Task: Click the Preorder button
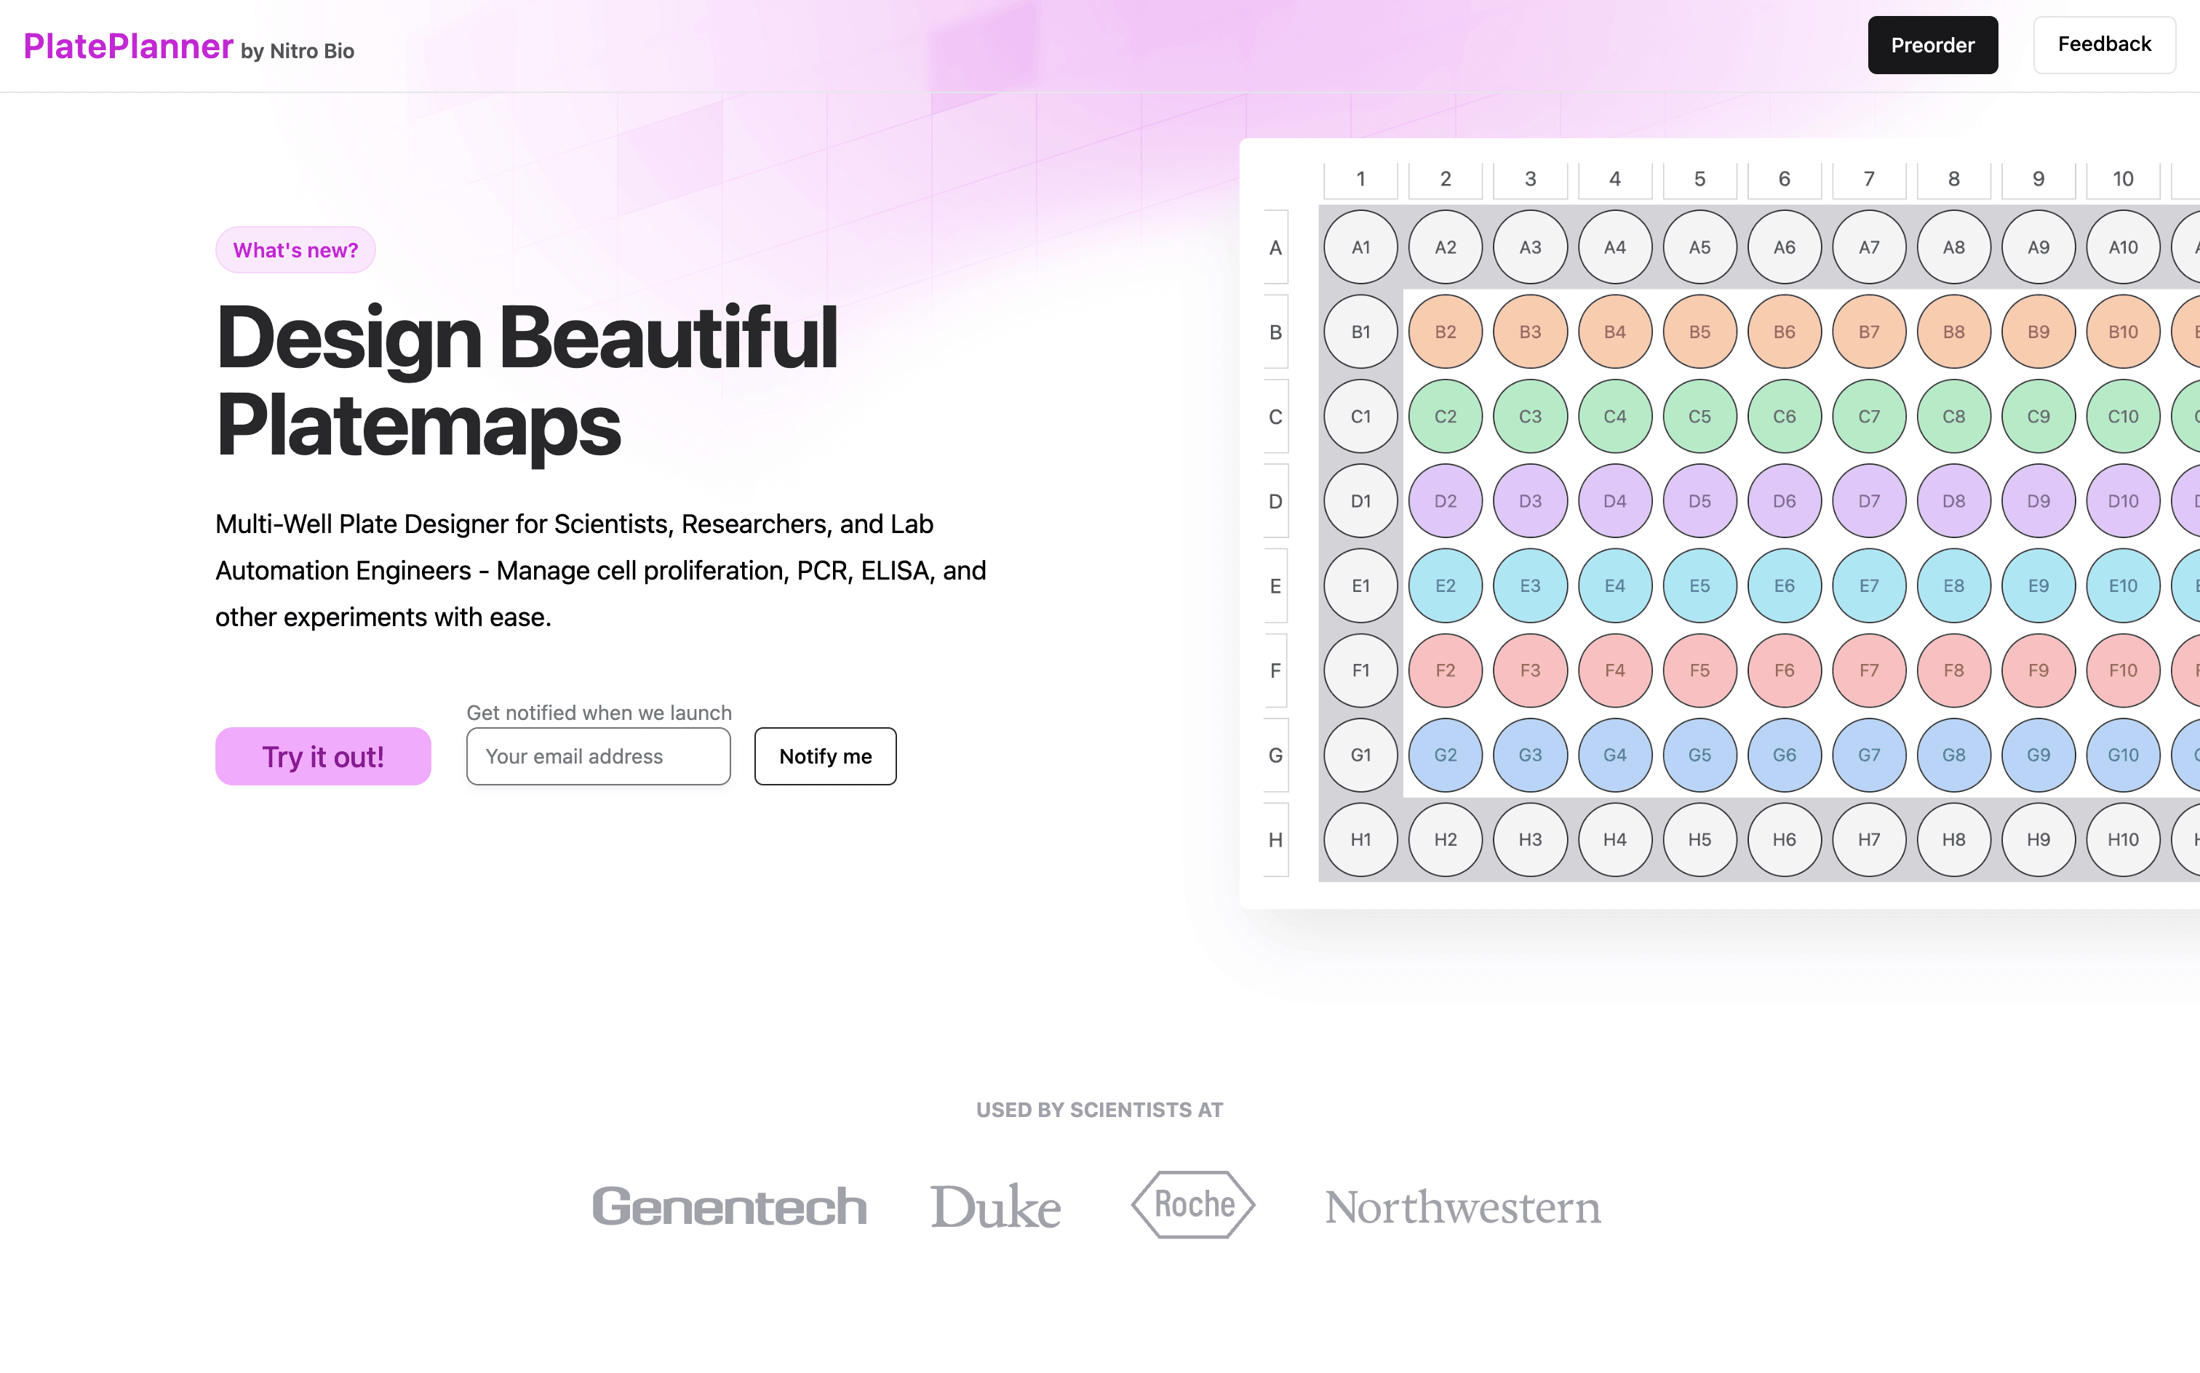[1932, 45]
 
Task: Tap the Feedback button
[2104, 44]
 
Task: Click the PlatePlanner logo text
[128, 47]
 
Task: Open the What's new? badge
[295, 249]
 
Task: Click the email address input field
[599, 756]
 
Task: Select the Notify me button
[825, 756]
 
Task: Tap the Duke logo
[995, 1206]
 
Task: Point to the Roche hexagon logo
[1192, 1204]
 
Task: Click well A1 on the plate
[1360, 247]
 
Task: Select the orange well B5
[1699, 332]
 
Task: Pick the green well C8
[1954, 416]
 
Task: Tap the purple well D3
[1531, 501]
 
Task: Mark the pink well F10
[2123, 671]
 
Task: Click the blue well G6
[1784, 755]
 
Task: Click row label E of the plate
[1275, 585]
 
